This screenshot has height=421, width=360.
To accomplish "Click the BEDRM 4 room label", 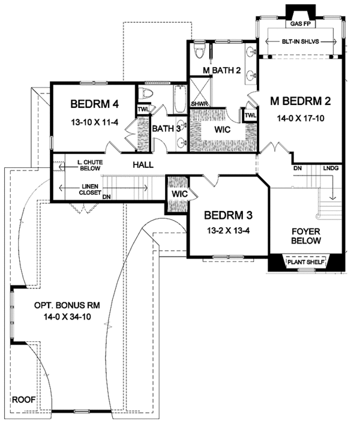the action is tap(94, 104).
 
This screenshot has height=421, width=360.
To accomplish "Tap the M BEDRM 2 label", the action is tap(301, 101).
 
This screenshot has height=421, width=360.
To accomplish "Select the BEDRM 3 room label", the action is tap(228, 215).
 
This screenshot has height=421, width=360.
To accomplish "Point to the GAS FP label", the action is tap(300, 24).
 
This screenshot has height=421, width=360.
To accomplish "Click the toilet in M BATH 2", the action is tap(200, 51).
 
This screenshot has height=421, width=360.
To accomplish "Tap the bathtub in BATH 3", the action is tap(180, 99).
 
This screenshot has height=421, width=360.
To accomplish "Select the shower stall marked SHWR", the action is tap(200, 92).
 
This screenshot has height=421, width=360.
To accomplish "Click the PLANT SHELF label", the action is tap(306, 262).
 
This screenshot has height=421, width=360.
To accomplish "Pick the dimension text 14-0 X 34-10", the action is tap(67, 317).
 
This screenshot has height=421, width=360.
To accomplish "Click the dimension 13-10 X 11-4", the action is tap(95, 122).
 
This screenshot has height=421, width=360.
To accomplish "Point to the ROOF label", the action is tap(23, 399).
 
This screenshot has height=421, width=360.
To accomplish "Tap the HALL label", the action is tap(143, 164).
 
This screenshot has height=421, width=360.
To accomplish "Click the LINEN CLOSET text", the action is tap(90, 190).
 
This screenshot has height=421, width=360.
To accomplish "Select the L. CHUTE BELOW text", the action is tap(90, 166).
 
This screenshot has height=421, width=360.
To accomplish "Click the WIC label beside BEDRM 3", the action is tap(179, 194).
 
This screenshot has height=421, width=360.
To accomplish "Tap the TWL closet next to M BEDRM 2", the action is tap(250, 116).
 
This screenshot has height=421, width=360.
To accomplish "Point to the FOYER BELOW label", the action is tap(306, 236).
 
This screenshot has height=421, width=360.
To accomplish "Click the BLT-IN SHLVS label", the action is tap(301, 41).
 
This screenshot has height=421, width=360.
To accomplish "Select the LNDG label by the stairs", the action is tap(331, 169).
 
